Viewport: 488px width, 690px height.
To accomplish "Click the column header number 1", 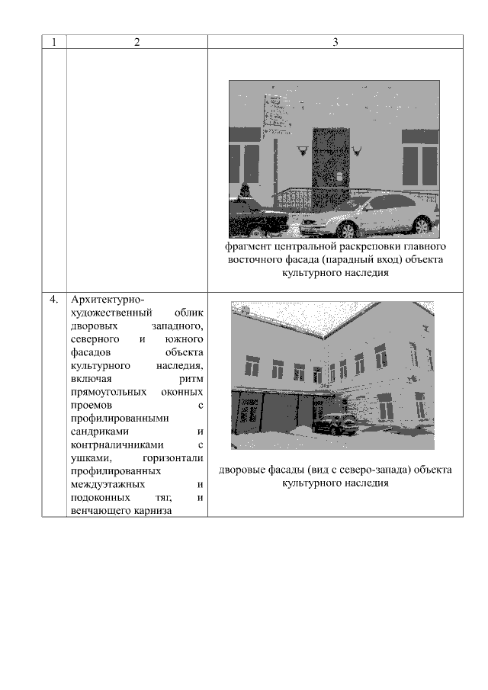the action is coord(54,42).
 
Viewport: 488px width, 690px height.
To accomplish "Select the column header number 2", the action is coord(136,42).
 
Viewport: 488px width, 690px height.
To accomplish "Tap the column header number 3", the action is coord(335,42).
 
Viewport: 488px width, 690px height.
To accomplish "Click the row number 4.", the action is coord(54,299).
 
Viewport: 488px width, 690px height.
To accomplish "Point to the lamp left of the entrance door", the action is coord(303,151).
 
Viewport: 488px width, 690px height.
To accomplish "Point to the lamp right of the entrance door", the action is coord(358,151).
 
